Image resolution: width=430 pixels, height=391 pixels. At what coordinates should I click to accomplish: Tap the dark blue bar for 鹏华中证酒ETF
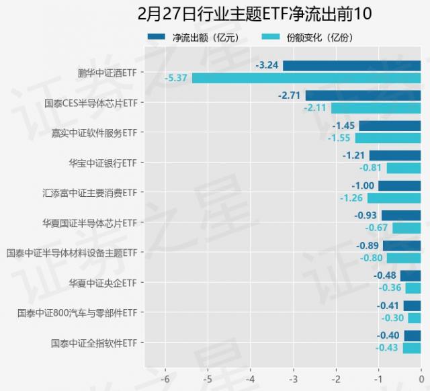[x=351, y=65]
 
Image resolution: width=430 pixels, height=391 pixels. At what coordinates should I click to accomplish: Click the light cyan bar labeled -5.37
[x=306, y=78]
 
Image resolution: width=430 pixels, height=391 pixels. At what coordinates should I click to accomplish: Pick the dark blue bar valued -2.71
[x=363, y=95]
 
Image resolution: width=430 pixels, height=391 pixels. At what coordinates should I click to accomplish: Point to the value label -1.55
[x=340, y=138]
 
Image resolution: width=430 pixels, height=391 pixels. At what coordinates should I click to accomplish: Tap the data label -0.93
[x=365, y=216]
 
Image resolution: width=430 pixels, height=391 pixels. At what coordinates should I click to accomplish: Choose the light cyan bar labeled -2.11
[x=376, y=107]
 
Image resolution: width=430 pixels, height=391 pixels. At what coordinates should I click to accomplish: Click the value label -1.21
[x=353, y=155]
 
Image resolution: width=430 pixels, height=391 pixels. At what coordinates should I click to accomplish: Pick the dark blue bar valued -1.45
[x=390, y=126]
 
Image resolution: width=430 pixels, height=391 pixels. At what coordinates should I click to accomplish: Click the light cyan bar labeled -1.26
[x=394, y=198]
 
